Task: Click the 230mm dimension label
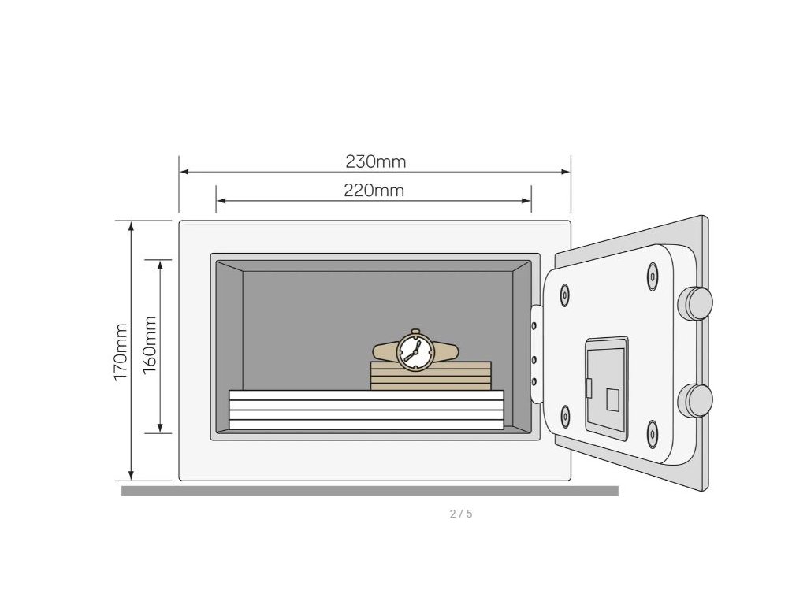[375, 161]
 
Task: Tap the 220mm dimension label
[374, 190]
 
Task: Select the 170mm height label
[121, 352]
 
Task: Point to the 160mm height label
[149, 344]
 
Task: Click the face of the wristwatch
[415, 351]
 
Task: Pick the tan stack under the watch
[430, 376]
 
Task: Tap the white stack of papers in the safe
[366, 410]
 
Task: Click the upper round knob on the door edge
[696, 303]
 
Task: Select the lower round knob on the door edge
[696, 400]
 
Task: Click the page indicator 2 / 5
[461, 514]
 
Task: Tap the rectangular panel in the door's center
[607, 388]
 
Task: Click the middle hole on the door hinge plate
[535, 359]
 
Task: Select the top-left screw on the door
[564, 295]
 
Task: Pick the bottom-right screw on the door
[652, 433]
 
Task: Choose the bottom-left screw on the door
[564, 416]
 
